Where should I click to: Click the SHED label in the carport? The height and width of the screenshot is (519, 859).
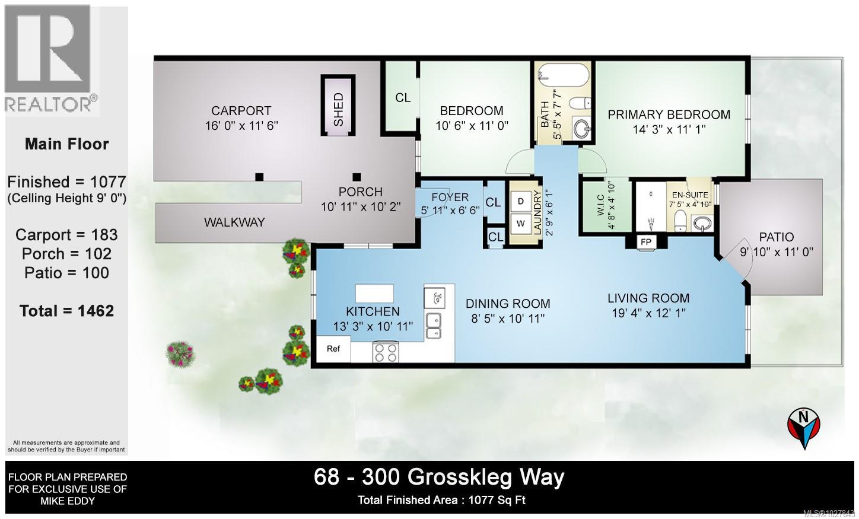point(338,109)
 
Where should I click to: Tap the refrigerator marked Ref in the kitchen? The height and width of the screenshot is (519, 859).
point(333,349)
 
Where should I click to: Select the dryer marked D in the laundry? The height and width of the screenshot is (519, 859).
point(521,201)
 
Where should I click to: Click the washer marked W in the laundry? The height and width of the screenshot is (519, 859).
point(521,224)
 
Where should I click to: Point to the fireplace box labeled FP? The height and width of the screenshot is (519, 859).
point(645,242)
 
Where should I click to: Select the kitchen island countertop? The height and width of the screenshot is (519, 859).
point(375,293)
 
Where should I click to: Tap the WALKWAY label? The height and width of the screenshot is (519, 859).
point(234,222)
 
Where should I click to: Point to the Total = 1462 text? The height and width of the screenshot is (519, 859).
point(66,311)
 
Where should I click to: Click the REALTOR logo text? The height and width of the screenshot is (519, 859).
point(51,104)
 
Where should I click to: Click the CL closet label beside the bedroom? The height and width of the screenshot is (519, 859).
point(403,97)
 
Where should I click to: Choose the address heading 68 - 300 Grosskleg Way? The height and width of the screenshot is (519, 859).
point(439,477)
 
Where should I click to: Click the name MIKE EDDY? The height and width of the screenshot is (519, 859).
point(66,501)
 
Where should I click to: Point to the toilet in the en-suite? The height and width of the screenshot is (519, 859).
point(680,222)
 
